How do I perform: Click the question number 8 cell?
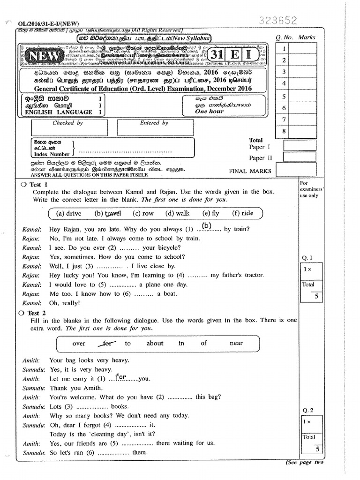(x=284, y=132)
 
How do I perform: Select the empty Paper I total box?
(x=300, y=147)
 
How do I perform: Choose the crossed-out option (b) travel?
(x=107, y=213)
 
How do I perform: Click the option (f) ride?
(x=242, y=213)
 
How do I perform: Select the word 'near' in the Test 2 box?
(x=236, y=343)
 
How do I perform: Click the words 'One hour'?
(x=210, y=112)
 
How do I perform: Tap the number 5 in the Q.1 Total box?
(x=316, y=296)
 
